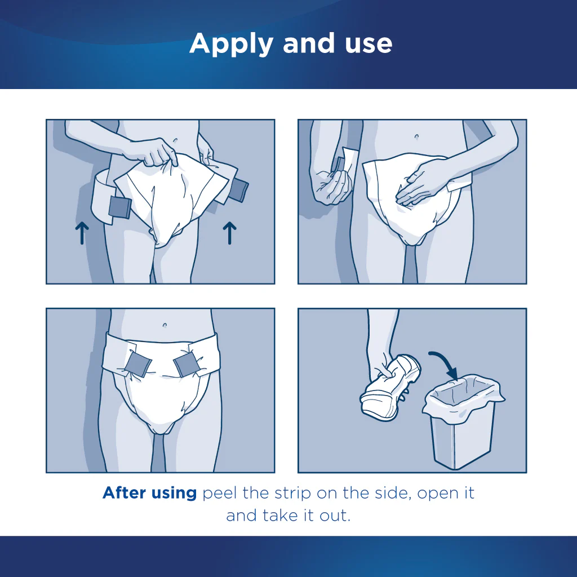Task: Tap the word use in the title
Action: (367, 43)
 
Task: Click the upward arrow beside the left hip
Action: (82, 233)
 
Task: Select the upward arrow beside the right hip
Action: (229, 233)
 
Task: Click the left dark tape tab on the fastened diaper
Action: (138, 364)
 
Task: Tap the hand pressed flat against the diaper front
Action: (421, 183)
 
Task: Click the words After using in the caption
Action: (149, 493)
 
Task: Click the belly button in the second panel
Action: (416, 136)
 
